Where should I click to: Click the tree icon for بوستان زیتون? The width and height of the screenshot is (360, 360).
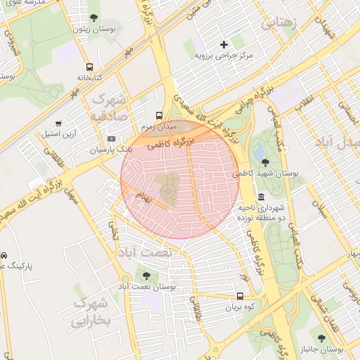(94, 18)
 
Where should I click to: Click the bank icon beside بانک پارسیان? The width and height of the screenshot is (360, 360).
(111, 140)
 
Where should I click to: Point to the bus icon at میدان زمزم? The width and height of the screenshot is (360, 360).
(158, 115)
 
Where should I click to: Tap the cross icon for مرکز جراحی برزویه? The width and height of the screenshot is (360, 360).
(224, 44)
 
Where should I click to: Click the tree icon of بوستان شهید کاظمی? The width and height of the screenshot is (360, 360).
(264, 162)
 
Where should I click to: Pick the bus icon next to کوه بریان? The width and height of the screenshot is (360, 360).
(240, 296)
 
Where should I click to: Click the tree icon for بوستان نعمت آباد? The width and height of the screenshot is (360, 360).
(146, 276)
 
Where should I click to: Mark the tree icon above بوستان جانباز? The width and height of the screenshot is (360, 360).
(322, 338)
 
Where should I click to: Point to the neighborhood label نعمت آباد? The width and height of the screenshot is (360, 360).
(143, 252)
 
